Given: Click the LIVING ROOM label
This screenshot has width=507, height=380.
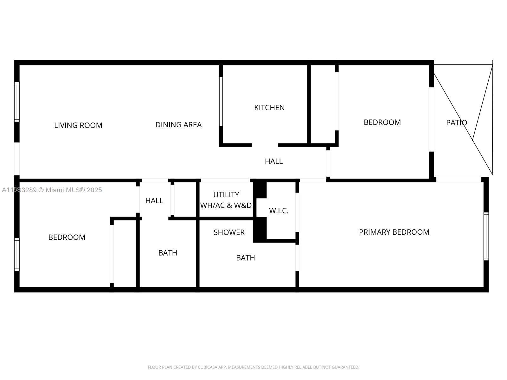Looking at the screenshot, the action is [x=78, y=125].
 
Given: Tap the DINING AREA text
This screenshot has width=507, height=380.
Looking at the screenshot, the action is [x=178, y=124].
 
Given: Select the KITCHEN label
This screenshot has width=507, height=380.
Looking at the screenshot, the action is [x=269, y=108].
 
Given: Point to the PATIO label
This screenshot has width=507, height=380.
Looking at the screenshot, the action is [x=456, y=123].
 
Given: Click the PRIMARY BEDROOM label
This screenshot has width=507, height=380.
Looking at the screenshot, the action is [x=394, y=232].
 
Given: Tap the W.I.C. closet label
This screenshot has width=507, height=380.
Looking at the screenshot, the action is [x=279, y=211].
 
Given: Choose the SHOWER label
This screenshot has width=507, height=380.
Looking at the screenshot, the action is [x=229, y=232].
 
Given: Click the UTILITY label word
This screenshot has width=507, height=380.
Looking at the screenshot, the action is [x=226, y=195].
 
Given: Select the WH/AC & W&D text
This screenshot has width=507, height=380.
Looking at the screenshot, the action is [x=226, y=205].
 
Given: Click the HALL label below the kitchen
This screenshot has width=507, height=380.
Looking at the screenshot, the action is [x=274, y=161].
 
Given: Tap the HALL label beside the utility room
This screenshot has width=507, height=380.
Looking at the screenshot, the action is [x=154, y=200].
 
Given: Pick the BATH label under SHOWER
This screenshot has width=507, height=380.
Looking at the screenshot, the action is [x=245, y=258].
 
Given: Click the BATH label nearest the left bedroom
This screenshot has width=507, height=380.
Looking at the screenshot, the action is [x=168, y=253].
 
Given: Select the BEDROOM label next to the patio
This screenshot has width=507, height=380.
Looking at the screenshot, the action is [x=382, y=122].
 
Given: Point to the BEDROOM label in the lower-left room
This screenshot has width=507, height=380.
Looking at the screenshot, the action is [x=67, y=237].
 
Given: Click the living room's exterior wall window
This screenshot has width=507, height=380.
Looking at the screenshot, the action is [x=17, y=102].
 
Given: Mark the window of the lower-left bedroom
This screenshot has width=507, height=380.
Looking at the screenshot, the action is [x=17, y=255].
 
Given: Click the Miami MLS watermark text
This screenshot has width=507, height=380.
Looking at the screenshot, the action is [x=52, y=190].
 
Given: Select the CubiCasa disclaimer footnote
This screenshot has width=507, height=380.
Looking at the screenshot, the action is [x=253, y=367].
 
